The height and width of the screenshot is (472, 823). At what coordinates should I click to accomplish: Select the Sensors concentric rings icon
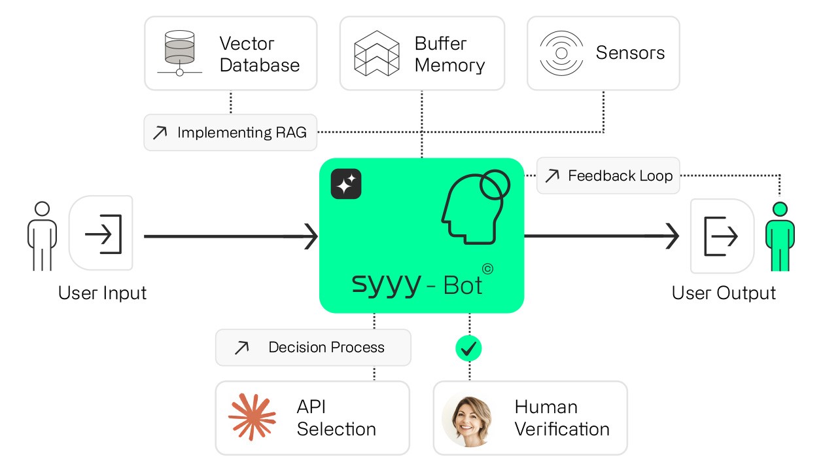[561, 52]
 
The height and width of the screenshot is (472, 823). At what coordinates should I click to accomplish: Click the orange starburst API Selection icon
[252, 417]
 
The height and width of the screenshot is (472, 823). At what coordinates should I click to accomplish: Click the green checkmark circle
[468, 348]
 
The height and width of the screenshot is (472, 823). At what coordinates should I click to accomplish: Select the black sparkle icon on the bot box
[346, 184]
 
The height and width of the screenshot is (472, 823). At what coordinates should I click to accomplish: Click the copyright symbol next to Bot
[487, 268]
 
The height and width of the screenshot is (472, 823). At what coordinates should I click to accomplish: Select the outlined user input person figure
[42, 236]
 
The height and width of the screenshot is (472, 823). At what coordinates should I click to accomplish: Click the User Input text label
[102, 292]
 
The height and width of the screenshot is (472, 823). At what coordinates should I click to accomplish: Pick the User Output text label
[724, 293]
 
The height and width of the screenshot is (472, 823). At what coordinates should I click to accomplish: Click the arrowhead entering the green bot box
[309, 236]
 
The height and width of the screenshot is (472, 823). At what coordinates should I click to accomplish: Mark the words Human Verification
[562, 418]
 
